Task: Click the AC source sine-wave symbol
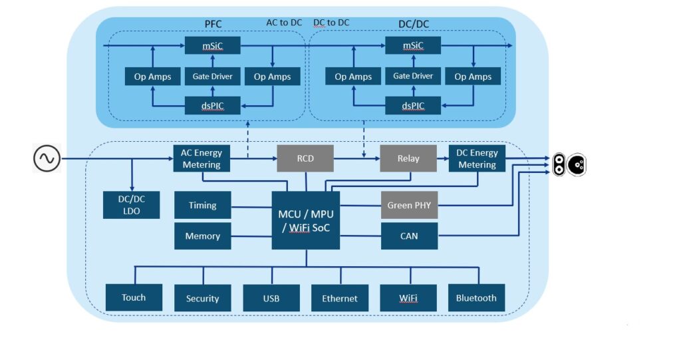tap(47, 158)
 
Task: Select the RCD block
tap(305, 158)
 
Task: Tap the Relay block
tap(408, 158)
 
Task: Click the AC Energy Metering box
tap(201, 158)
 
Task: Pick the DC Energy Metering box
tap(476, 158)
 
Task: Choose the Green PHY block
tap(409, 205)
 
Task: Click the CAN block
tap(409, 236)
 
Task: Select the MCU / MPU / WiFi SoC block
tap(305, 220)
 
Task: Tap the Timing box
tap(202, 205)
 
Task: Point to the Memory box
tap(202, 236)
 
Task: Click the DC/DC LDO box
tap(132, 204)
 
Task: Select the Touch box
tap(134, 297)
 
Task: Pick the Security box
tap(202, 297)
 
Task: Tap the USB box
tap(271, 297)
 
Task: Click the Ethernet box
tap(340, 297)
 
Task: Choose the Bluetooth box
tap(476, 297)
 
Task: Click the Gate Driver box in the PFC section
tap(212, 76)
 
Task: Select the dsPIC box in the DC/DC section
tap(412, 105)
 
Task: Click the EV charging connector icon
tap(569, 164)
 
